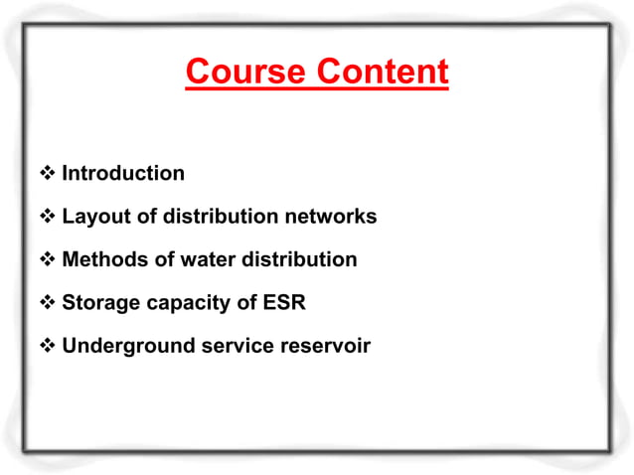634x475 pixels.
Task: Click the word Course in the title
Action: (246, 73)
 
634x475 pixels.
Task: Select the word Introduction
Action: (123, 173)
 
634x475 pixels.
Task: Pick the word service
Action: (228, 347)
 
